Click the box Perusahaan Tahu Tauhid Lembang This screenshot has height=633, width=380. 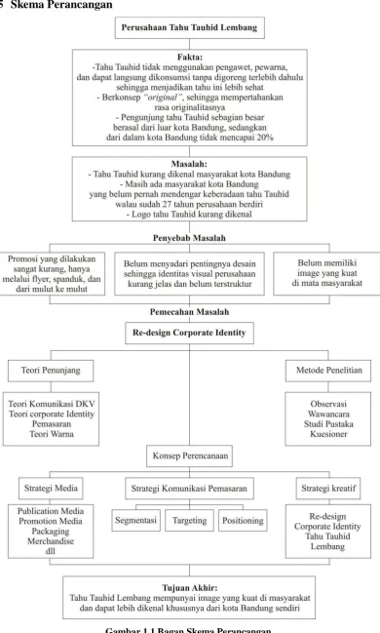[190, 28]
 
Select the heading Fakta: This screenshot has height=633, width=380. [190, 58]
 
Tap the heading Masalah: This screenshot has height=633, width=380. [189, 164]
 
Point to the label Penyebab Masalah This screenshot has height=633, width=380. [189, 238]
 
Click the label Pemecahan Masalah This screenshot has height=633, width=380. [190, 312]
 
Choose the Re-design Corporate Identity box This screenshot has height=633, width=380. [190, 333]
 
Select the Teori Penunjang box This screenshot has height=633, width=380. [51, 371]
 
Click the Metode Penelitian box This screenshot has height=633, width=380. [328, 371]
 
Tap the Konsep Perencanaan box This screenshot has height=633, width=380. [190, 456]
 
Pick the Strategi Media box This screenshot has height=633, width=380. [51, 489]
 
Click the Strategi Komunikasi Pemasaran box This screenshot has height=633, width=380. [190, 489]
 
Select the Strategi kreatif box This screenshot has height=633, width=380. [328, 489]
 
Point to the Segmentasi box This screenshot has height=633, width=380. [136, 521]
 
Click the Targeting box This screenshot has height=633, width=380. [190, 521]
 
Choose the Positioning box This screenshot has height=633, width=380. [243, 521]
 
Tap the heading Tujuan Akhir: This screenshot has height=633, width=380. [190, 588]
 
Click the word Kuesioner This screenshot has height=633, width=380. [328, 434]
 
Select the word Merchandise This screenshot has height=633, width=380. [51, 541]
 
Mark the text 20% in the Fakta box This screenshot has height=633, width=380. [265, 138]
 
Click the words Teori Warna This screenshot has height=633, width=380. [52, 434]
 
